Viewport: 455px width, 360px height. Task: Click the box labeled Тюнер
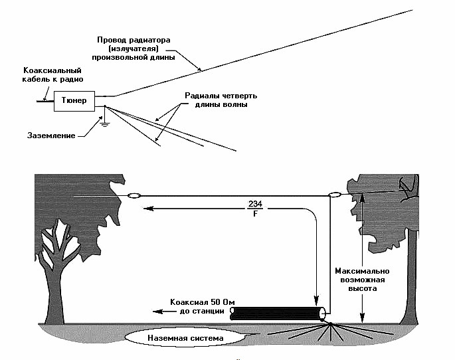coord(74,101)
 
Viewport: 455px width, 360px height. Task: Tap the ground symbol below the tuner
coord(105,125)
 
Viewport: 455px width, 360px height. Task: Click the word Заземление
coord(51,135)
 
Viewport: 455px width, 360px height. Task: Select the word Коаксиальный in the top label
coord(52,70)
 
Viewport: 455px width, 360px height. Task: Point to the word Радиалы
coord(201,96)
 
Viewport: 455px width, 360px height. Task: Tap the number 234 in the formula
coord(255,204)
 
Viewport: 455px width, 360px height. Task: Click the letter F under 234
coord(255,214)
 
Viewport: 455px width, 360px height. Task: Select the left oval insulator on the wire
coord(134,196)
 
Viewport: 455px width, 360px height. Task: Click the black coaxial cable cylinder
coord(278,314)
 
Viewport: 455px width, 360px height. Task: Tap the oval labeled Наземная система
coord(185,338)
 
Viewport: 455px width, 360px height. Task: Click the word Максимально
coord(362,271)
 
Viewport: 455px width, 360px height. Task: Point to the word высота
coord(363,289)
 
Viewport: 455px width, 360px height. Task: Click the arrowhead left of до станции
coord(157,312)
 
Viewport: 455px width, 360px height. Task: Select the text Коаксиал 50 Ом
coord(202,302)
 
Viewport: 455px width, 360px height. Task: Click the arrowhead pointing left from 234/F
coord(148,209)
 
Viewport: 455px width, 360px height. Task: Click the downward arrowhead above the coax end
coord(316,301)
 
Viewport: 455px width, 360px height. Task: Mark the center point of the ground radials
coord(330,323)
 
